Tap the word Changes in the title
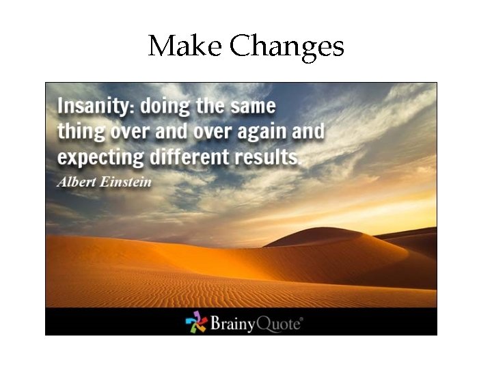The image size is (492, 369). [286, 46]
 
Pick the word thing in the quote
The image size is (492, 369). [78, 131]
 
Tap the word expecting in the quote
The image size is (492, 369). [98, 156]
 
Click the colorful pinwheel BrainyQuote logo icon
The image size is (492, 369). [196, 322]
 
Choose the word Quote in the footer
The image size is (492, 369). [278, 322]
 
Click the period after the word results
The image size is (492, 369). [299, 162]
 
